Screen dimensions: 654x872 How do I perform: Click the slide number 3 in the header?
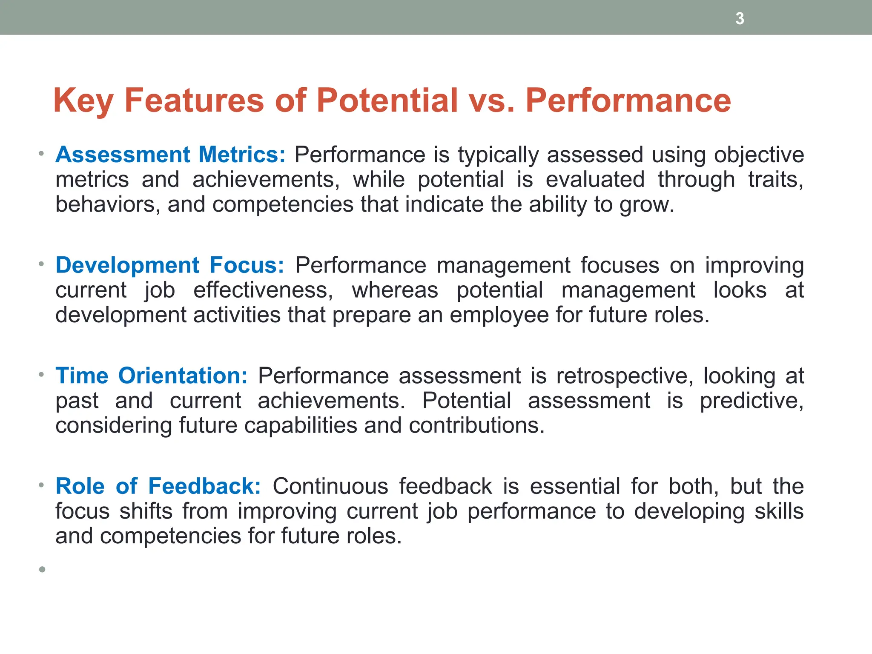tap(740, 19)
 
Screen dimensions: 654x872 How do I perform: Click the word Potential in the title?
tap(387, 100)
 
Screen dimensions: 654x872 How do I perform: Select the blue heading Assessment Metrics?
tap(170, 155)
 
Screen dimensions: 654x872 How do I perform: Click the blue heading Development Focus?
tap(170, 265)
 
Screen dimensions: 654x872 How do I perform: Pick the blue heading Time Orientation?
tap(152, 376)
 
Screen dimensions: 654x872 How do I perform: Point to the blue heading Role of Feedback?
tap(158, 486)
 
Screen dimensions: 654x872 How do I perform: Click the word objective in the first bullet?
tap(759, 155)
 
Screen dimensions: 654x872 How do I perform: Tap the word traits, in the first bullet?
tap(776, 180)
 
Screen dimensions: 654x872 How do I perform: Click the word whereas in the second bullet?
tap(395, 290)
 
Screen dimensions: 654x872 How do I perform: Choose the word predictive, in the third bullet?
tap(752, 401)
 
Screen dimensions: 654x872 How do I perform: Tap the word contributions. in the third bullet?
tap(476, 426)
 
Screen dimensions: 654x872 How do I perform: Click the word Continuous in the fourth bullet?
tap(330, 486)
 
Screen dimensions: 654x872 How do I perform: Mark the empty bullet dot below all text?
tap(42, 569)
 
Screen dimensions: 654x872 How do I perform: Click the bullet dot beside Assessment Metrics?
tap(41, 153)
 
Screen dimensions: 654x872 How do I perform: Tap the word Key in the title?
tap(83, 101)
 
